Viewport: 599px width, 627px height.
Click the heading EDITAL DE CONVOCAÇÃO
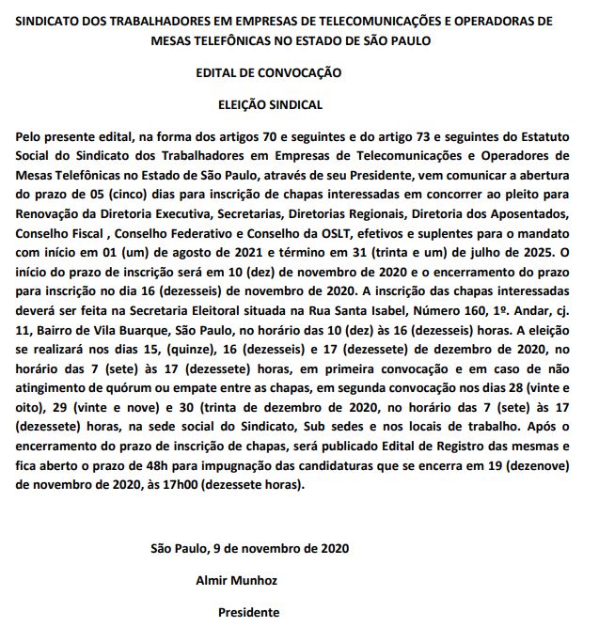(x=269, y=72)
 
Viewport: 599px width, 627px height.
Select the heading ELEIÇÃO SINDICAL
(x=269, y=105)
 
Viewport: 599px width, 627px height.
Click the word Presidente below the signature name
(x=248, y=612)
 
